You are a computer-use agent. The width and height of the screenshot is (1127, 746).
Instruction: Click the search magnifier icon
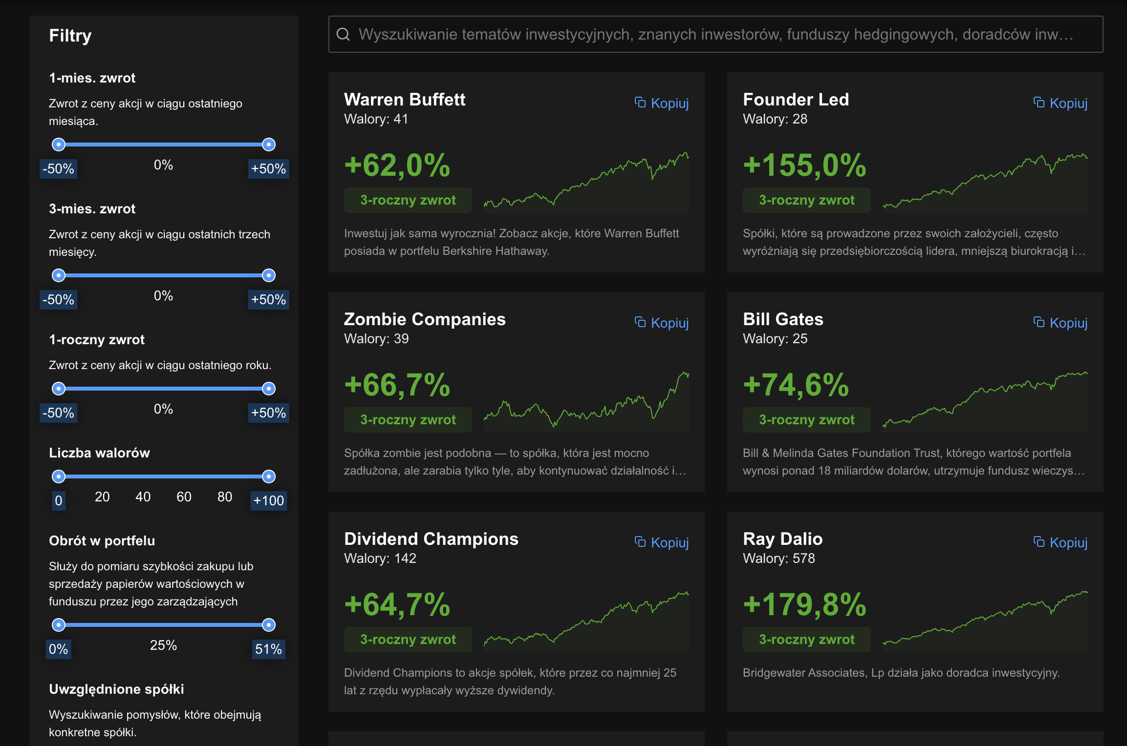343,34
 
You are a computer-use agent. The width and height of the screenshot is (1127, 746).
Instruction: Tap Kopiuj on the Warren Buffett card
662,103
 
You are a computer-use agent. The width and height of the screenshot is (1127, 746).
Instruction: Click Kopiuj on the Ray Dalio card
1061,542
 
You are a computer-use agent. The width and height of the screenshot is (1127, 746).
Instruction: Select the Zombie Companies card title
425,319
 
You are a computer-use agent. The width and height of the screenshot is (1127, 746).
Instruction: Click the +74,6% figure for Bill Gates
796,385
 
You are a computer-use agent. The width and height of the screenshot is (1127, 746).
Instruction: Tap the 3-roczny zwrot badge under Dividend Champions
408,640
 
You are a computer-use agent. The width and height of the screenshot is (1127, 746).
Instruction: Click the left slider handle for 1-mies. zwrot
59,145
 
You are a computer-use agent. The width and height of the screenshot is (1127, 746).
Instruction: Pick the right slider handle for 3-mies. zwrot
269,275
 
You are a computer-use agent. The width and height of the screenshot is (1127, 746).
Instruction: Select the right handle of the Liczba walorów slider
269,477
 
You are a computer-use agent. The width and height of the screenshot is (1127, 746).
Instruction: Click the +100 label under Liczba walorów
268,501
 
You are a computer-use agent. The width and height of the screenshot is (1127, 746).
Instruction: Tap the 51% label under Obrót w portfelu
268,649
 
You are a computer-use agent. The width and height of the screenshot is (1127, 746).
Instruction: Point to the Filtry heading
70,36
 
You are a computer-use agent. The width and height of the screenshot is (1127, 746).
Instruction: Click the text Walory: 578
779,559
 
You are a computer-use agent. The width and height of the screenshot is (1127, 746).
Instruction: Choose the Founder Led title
796,100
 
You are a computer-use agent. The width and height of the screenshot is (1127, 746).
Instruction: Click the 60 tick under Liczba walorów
184,497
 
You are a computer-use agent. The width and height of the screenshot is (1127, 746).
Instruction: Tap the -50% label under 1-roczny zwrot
59,413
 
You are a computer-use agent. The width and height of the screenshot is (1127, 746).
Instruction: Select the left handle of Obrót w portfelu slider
59,625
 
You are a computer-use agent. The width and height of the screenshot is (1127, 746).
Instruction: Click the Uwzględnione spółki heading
116,689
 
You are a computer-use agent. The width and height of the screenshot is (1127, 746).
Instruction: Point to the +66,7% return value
397,385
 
